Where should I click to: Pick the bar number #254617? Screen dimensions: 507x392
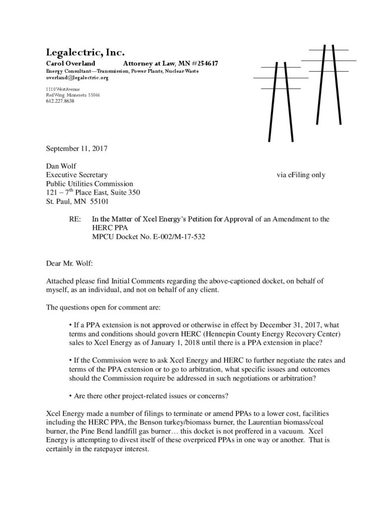click(203, 64)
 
